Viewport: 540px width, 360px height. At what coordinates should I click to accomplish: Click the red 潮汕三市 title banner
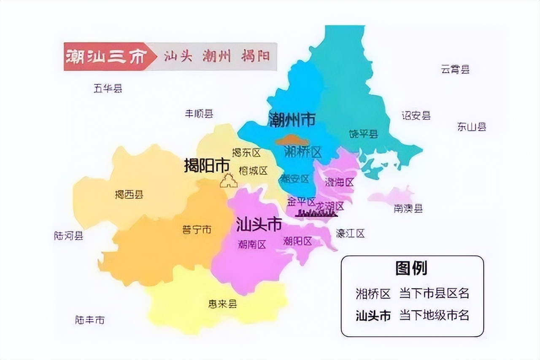click(105, 56)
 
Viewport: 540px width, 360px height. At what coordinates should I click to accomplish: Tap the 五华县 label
click(108, 89)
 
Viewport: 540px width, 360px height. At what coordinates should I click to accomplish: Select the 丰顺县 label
click(199, 114)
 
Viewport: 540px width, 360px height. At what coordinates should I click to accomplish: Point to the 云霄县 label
click(455, 70)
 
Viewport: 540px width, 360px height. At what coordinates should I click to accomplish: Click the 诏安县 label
click(416, 116)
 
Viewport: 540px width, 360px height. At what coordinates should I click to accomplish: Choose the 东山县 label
click(472, 127)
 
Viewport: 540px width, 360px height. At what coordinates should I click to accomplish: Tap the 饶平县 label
click(363, 134)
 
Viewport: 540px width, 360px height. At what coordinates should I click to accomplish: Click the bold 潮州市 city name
click(292, 120)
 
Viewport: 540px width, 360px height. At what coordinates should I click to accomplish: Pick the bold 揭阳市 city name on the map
click(207, 166)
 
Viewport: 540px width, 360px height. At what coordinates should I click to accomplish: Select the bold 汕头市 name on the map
click(259, 224)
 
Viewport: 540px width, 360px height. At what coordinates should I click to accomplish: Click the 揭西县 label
click(129, 195)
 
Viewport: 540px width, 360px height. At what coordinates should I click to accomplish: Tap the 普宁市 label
click(197, 230)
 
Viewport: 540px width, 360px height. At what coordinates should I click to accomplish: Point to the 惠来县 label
click(222, 304)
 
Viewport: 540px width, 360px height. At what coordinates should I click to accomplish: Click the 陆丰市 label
click(90, 320)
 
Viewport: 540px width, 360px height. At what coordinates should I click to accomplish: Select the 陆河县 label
click(69, 236)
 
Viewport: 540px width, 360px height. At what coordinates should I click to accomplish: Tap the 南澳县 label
click(408, 209)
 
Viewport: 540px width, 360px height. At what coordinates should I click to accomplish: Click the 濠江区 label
click(350, 234)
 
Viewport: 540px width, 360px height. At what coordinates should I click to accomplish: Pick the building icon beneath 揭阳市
click(228, 181)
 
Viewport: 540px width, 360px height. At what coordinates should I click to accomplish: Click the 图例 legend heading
click(411, 268)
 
